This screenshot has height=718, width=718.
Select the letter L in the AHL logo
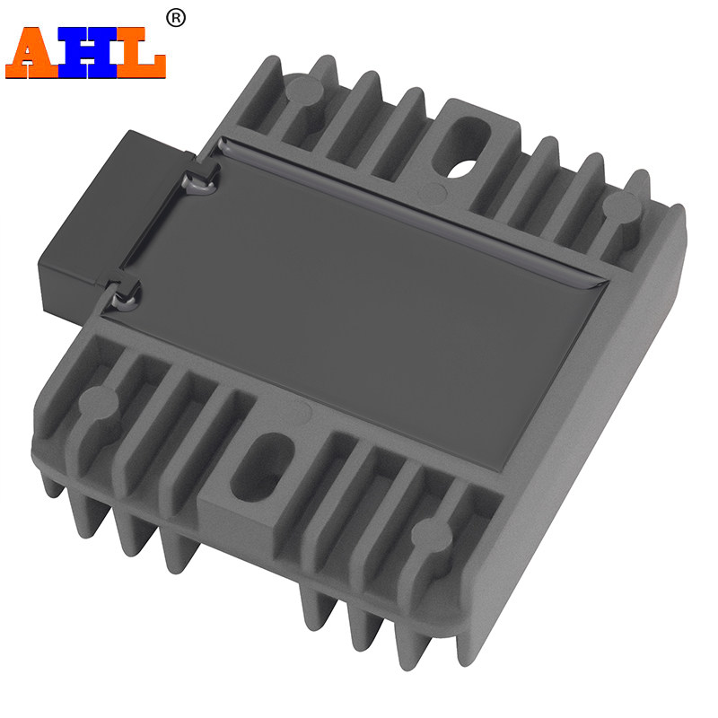[141, 53]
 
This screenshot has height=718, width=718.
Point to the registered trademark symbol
[175, 19]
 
